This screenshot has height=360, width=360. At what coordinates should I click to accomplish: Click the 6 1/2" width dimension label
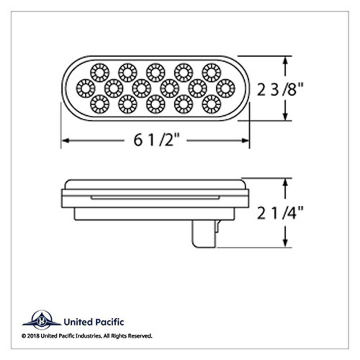click(155, 140)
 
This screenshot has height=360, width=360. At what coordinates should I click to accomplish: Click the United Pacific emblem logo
click(41, 320)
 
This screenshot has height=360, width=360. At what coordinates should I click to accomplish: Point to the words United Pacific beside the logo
click(93, 322)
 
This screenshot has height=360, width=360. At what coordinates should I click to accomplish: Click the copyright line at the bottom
click(87, 336)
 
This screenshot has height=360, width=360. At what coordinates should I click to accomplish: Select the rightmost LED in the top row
click(211, 72)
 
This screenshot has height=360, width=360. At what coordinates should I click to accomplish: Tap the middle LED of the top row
click(155, 72)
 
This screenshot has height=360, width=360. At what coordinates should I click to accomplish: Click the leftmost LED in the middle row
click(85, 88)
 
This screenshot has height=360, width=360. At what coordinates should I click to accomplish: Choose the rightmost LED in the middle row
click(225, 88)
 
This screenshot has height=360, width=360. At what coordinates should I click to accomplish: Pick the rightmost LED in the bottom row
click(211, 105)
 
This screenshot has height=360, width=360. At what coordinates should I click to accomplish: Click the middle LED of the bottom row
click(155, 105)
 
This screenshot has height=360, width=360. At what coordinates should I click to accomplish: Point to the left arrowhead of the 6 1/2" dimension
click(65, 140)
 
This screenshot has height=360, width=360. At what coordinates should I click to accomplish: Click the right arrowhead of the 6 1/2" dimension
click(246, 140)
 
